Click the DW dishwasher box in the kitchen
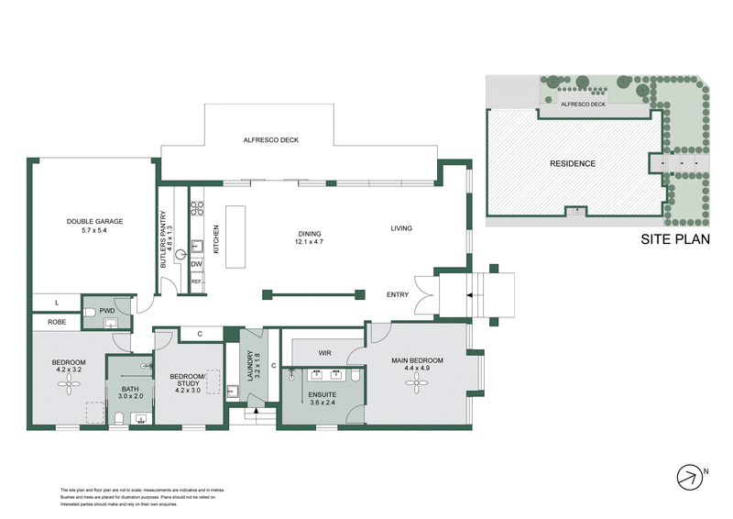[196, 264]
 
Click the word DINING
[310, 233]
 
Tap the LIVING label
[401, 228]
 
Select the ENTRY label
[397, 294]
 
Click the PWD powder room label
[106, 310]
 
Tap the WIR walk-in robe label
[324, 352]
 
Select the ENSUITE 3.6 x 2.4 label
[323, 398]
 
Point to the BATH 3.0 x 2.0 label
[131, 392]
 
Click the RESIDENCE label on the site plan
[572, 164]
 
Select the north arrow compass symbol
[687, 476]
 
